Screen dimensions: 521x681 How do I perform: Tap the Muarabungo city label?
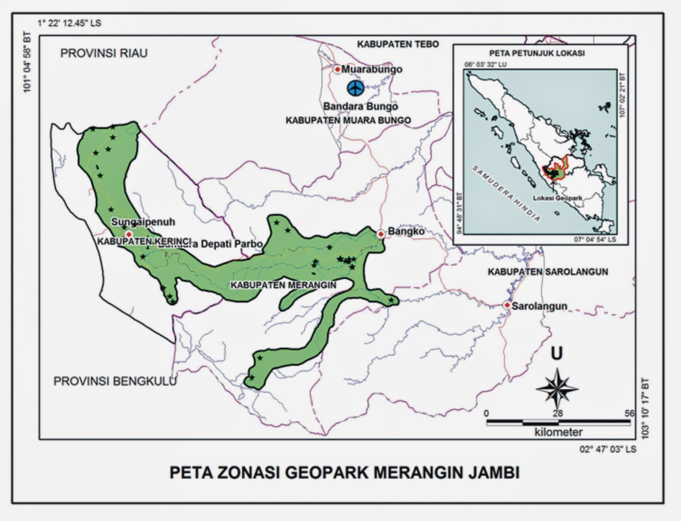click(372, 69)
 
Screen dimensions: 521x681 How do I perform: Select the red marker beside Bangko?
click(381, 233)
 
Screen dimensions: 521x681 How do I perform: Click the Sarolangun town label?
click(539, 306)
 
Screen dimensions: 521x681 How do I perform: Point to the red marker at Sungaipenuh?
click(129, 234)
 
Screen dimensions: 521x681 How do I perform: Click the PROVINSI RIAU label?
click(104, 53)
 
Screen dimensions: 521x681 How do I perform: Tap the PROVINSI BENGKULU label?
click(115, 381)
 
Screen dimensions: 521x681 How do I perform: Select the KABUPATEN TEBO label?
click(398, 44)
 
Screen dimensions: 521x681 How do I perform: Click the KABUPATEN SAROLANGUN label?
click(548, 272)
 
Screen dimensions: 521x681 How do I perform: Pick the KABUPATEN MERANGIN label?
click(283, 285)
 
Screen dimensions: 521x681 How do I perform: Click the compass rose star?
click(557, 388)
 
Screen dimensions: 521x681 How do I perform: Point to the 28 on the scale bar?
click(557, 413)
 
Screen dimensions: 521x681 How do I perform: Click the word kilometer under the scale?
click(558, 432)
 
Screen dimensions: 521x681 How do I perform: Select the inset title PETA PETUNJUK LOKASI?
click(537, 54)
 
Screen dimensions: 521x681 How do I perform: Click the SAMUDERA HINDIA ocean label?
click(506, 193)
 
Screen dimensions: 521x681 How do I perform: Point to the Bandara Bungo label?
click(360, 106)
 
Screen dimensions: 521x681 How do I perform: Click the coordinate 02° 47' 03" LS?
click(608, 449)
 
